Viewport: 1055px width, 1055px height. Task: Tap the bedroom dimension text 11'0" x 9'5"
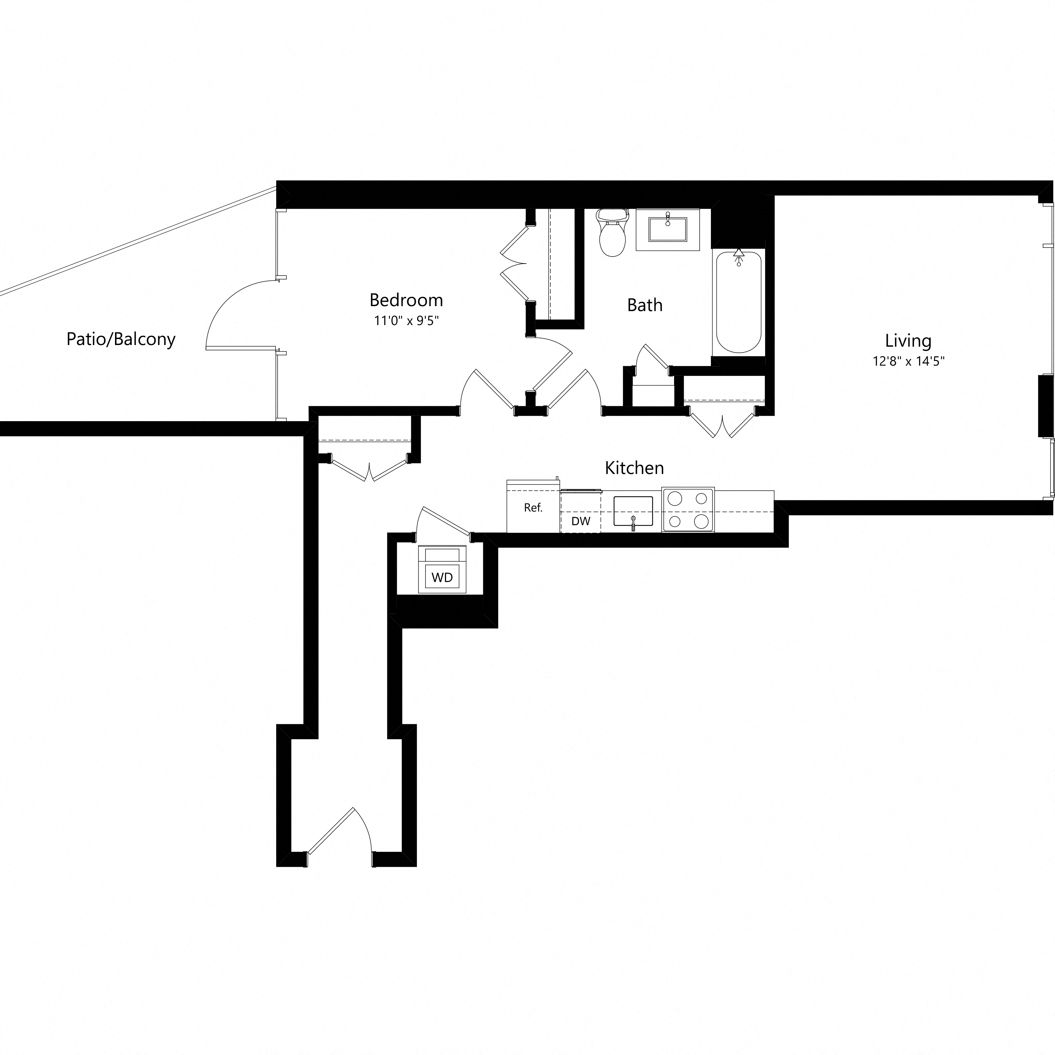coord(406,320)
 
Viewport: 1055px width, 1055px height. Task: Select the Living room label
coord(907,341)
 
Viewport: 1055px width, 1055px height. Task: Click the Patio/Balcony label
coord(121,339)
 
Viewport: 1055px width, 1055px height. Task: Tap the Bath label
coord(645,305)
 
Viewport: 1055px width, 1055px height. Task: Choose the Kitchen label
coord(634,468)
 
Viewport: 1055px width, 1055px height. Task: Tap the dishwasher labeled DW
coord(580,521)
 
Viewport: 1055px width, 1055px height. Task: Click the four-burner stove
coord(687,510)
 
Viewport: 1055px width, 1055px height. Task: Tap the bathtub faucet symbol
coord(739,256)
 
